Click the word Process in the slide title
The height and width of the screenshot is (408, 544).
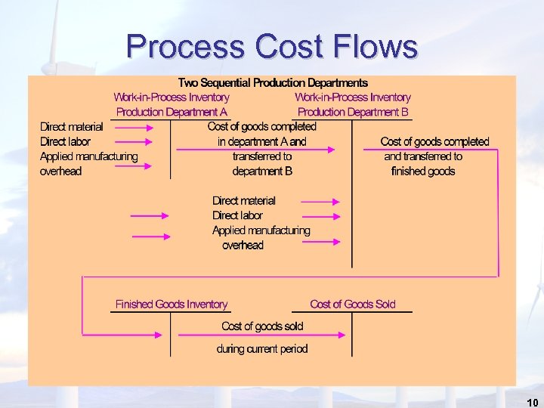coord(186,46)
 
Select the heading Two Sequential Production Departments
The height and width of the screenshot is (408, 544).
coord(273,82)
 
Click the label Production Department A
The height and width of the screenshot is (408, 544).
coord(172,112)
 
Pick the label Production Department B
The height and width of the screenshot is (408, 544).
coord(353,112)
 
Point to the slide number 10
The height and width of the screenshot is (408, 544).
coord(532,401)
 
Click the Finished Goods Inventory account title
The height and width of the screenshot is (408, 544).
coord(172,304)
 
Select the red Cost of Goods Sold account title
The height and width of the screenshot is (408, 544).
coord(353,304)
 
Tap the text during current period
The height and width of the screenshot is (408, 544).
coord(262,349)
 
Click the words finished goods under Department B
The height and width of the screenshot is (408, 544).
coord(423,172)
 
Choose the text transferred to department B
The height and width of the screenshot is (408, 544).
coord(262,164)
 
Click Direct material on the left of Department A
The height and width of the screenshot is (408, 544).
coord(72,127)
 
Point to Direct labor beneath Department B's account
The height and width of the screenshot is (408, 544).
coord(237,215)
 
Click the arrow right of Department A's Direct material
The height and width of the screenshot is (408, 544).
coord(134,127)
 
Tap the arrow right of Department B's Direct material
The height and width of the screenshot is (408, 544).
coord(320,201)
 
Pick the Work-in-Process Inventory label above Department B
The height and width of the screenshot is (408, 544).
coord(353,97)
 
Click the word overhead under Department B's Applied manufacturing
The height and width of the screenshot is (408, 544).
coord(243,246)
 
